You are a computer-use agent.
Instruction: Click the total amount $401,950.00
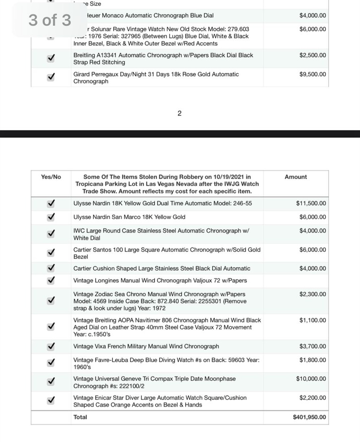point(309,417)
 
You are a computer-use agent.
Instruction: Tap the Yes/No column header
point(51,177)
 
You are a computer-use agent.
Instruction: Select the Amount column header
point(296,177)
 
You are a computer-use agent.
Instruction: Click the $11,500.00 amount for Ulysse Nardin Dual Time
point(311,204)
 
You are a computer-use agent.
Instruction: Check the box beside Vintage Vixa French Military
point(50,347)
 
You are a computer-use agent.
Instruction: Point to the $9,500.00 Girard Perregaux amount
point(312,74)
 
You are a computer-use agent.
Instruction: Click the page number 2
point(179,114)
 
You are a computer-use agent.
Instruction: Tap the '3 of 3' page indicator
point(50,19)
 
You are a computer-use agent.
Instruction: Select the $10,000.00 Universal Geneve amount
point(311,379)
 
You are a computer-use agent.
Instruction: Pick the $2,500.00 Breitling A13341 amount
point(312,55)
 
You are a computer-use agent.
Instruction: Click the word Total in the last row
point(80,417)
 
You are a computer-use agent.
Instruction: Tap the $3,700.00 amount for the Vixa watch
point(312,347)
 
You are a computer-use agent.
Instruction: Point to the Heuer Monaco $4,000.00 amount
point(312,16)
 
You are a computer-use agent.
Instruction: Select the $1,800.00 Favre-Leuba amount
point(312,360)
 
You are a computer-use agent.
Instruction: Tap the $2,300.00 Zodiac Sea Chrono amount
point(312,294)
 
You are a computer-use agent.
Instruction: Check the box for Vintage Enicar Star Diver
point(50,401)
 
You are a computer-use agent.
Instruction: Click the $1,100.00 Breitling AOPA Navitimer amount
point(312,320)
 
